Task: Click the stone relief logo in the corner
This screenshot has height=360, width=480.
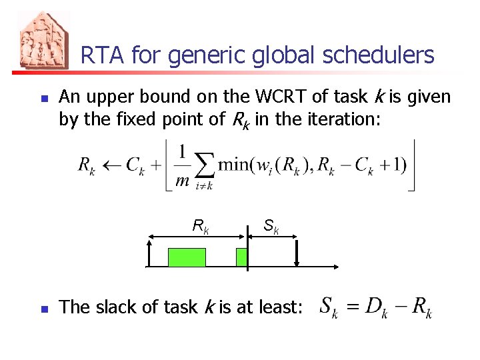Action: (x=44, y=41)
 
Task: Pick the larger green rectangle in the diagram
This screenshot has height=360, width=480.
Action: (x=187, y=257)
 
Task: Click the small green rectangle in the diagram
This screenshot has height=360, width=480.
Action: (x=242, y=257)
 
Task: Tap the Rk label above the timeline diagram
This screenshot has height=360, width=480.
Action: (x=200, y=226)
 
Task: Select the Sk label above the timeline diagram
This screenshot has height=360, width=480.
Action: (x=271, y=226)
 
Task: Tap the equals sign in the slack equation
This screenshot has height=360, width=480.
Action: (x=351, y=307)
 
